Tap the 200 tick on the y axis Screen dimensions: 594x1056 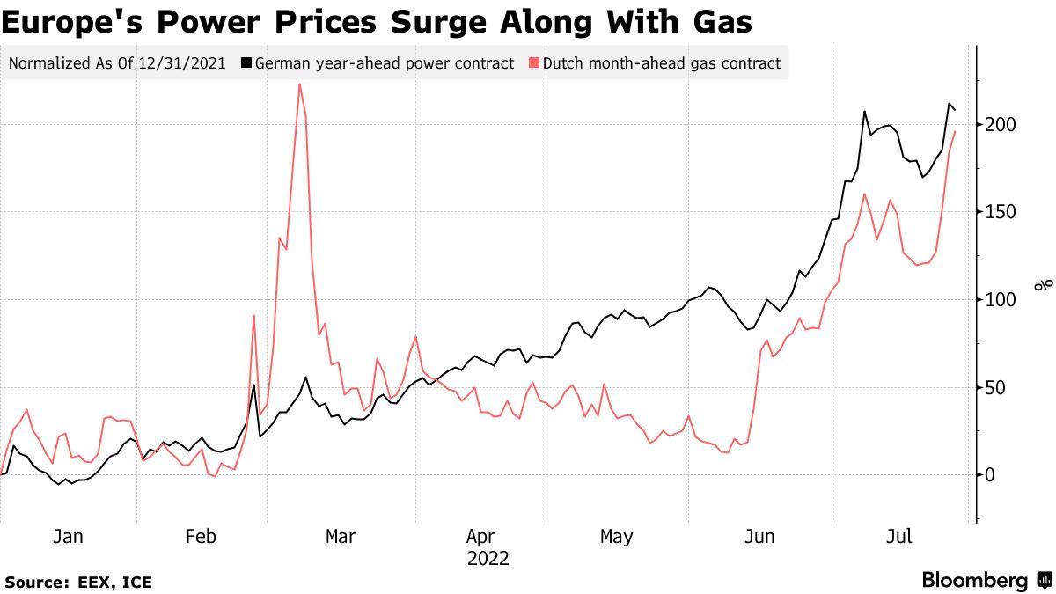[1001, 124]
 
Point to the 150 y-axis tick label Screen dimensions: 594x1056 [1001, 212]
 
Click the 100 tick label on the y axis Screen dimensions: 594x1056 [1001, 300]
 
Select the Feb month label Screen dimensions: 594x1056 [202, 537]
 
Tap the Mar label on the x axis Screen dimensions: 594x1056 [341, 537]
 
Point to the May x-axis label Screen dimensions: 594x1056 [616, 537]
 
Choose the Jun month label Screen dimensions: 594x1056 [759, 537]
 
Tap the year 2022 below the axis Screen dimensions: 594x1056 [488, 558]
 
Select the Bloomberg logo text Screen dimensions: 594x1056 [974, 581]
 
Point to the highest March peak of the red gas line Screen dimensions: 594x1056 [299, 84]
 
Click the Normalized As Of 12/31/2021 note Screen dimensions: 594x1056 [117, 63]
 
